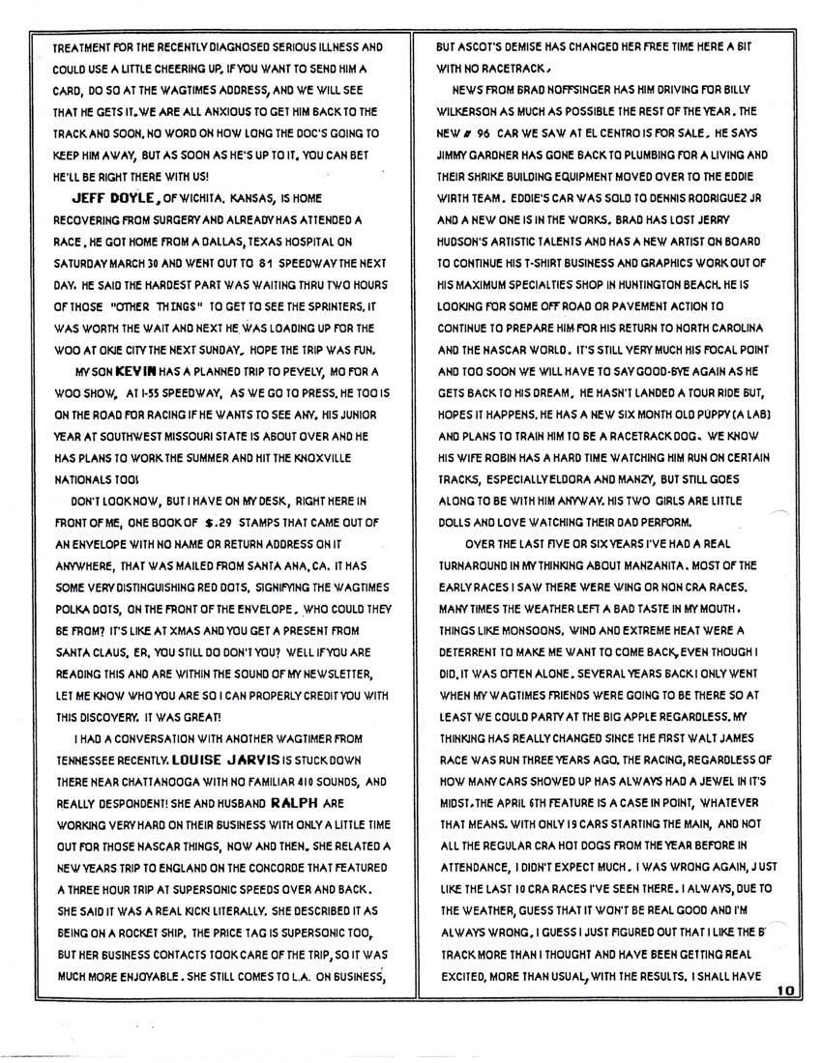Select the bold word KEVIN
(x=130, y=370)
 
